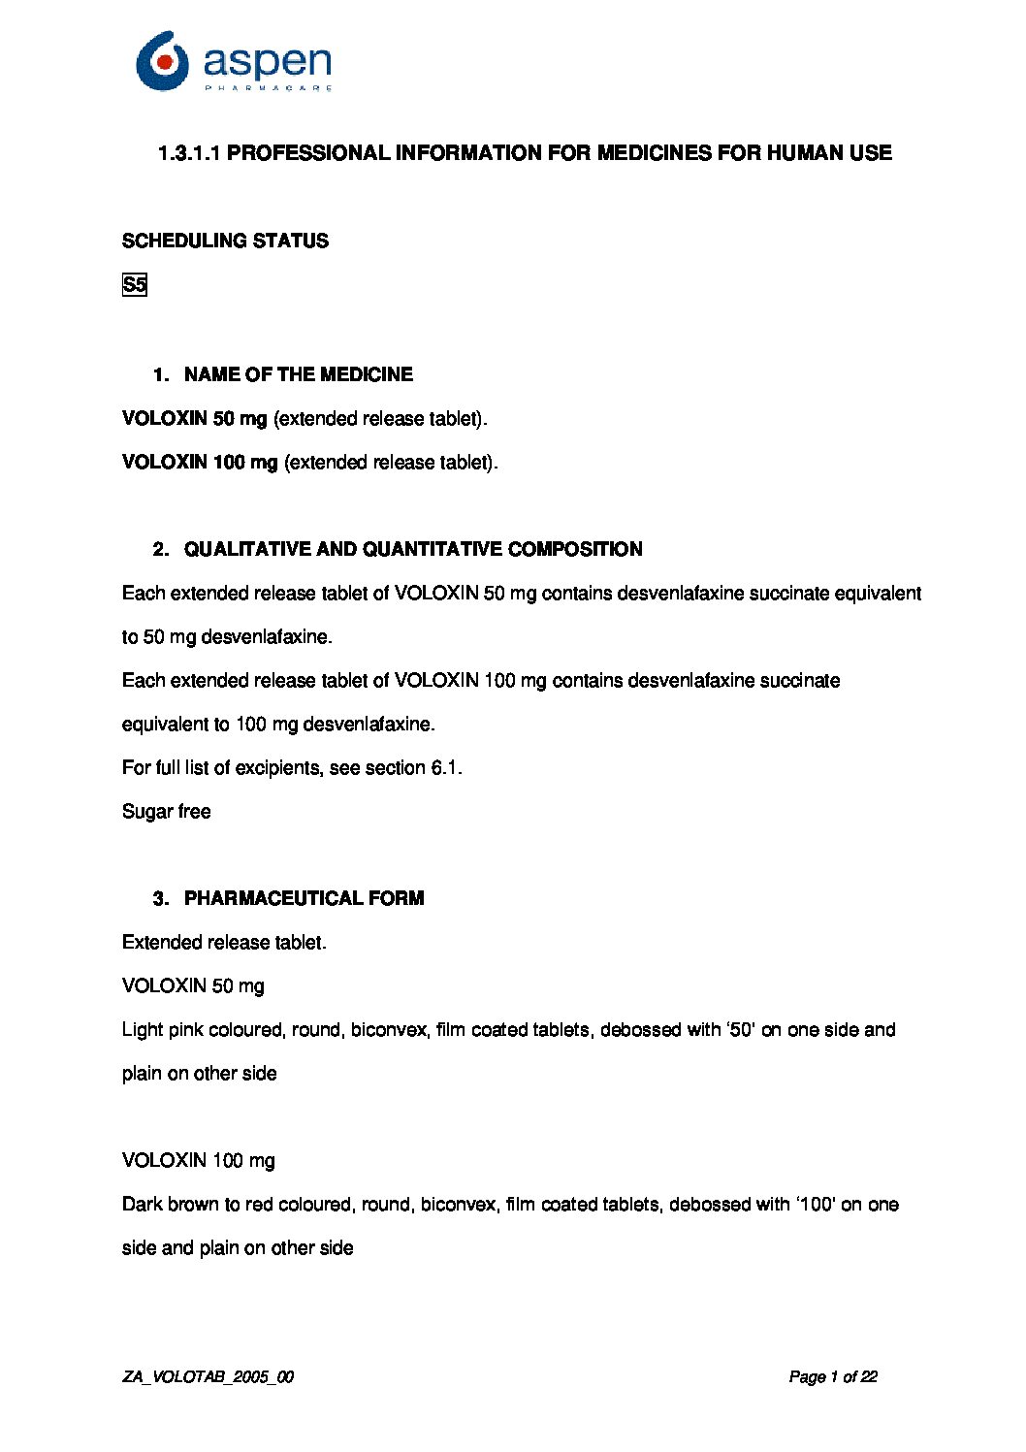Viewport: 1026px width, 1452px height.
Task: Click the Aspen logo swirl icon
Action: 162,60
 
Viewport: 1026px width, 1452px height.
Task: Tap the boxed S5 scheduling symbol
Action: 135,285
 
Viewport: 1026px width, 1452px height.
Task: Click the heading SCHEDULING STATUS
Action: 225,241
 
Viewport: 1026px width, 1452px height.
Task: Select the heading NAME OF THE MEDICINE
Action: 298,374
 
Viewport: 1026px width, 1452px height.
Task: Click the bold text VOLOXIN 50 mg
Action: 194,418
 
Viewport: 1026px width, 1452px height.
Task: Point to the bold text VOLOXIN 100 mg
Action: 200,462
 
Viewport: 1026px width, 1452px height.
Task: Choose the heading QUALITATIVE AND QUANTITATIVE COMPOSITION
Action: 413,549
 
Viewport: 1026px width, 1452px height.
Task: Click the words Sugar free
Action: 166,811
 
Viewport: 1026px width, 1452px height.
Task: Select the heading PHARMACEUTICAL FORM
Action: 304,898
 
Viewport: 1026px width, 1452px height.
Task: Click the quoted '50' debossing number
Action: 741,1029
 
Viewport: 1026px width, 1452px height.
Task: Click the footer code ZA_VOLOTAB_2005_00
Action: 208,1376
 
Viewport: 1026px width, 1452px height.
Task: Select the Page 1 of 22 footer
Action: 833,1376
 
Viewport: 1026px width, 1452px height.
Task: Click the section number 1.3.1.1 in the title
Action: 190,152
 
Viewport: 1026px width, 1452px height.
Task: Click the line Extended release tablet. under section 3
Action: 224,942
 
